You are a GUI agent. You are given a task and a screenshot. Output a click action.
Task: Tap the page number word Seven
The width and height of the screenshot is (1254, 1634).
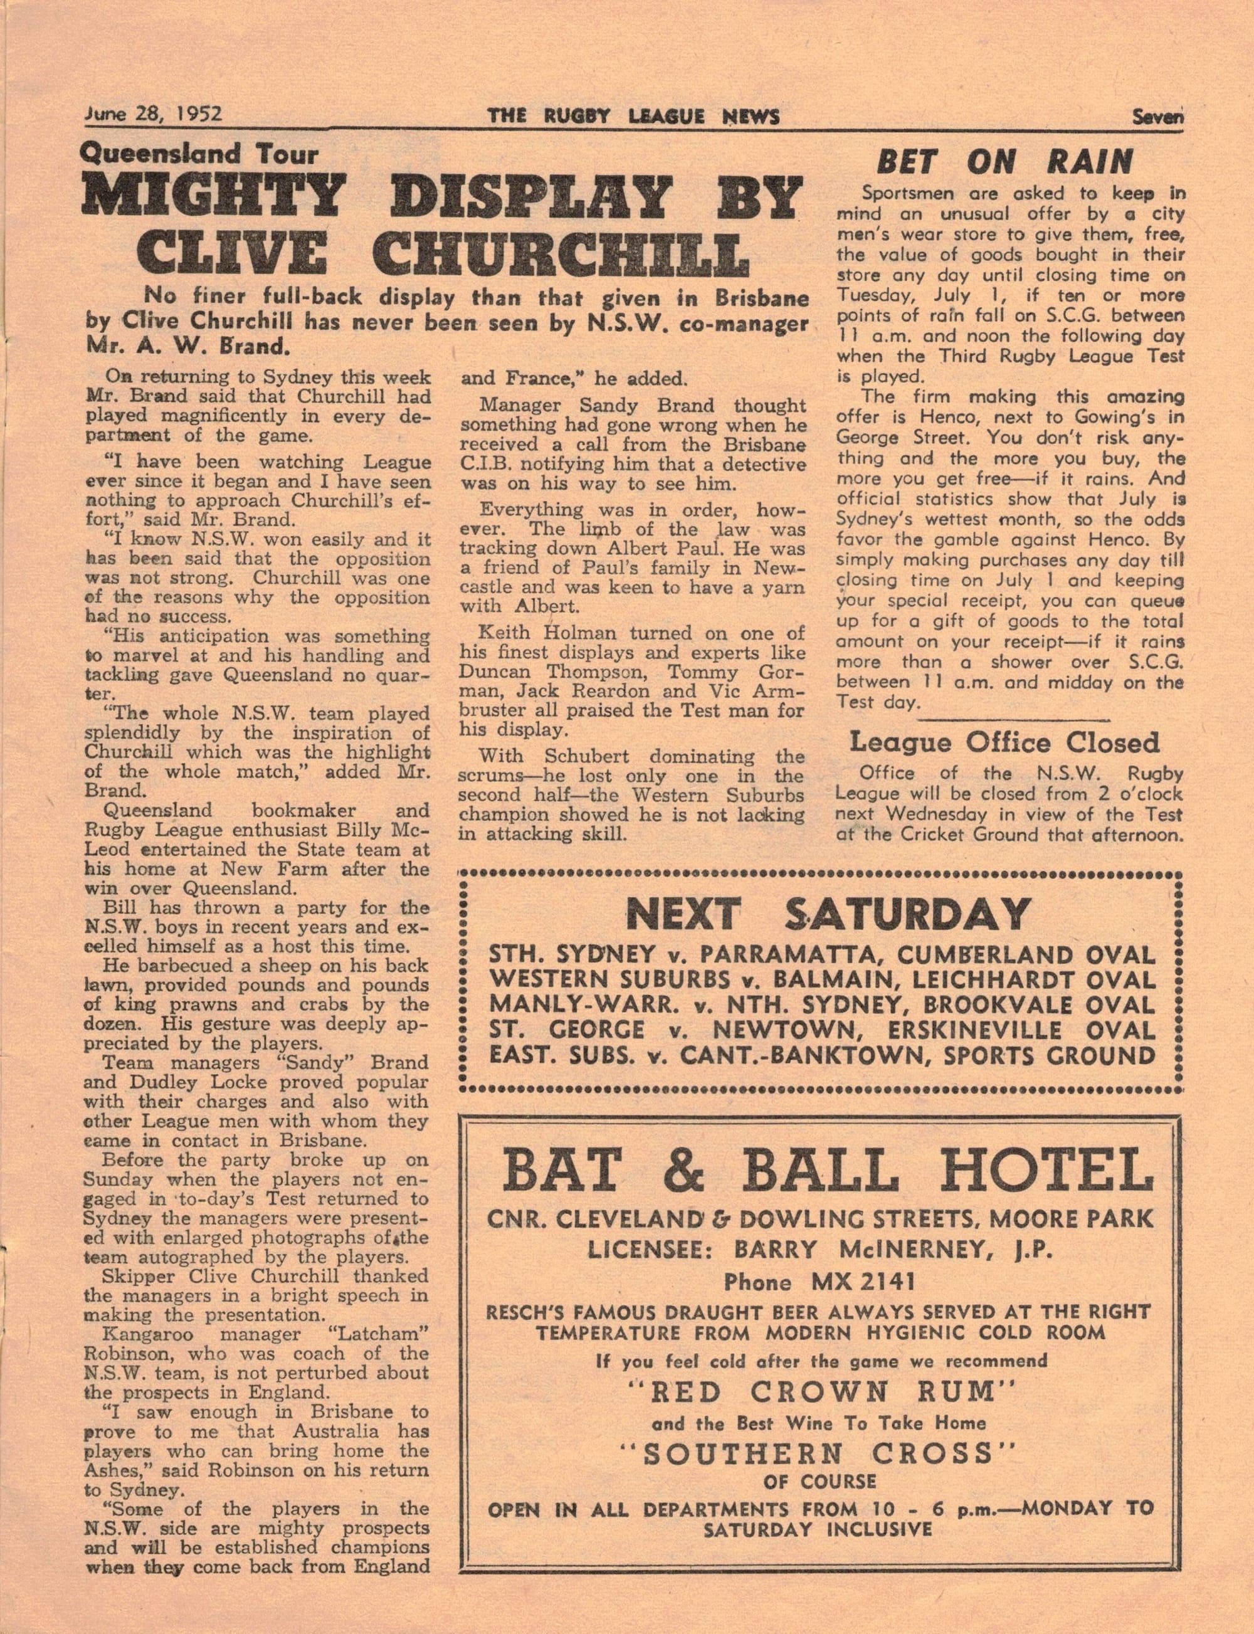click(1157, 117)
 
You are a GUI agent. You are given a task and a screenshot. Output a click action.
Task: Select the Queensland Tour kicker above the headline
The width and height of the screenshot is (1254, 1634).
click(199, 154)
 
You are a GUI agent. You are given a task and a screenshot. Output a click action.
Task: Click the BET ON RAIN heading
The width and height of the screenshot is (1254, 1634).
click(1004, 162)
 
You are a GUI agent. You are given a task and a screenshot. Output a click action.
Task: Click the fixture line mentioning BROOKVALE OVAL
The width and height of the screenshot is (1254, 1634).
click(821, 1004)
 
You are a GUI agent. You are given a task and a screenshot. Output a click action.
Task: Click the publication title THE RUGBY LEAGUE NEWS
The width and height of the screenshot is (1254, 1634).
click(634, 117)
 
